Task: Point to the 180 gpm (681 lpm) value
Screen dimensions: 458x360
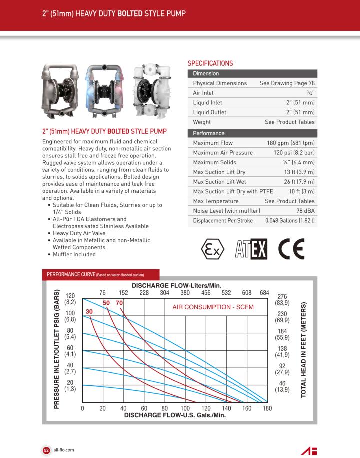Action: pyautogui.click(x=291, y=143)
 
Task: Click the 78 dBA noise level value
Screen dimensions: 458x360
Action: pyautogui.click(x=305, y=211)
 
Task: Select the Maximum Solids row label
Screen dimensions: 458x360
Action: pyautogui.click(x=215, y=162)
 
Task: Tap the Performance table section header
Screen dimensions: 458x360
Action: pyautogui.click(x=209, y=133)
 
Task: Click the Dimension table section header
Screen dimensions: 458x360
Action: pyautogui.click(x=206, y=74)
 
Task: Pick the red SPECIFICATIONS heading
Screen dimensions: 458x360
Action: pyautogui.click(x=210, y=63)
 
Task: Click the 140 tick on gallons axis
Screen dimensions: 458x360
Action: pyautogui.click(x=226, y=408)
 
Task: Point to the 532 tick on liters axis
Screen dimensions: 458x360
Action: pyautogui.click(x=226, y=293)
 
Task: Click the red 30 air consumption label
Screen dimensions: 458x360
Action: pyautogui.click(x=90, y=311)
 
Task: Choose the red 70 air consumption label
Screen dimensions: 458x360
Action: pyautogui.click(x=119, y=303)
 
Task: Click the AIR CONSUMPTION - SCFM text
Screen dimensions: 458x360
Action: pyautogui.click(x=213, y=307)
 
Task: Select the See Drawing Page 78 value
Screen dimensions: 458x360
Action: pyautogui.click(x=287, y=83)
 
